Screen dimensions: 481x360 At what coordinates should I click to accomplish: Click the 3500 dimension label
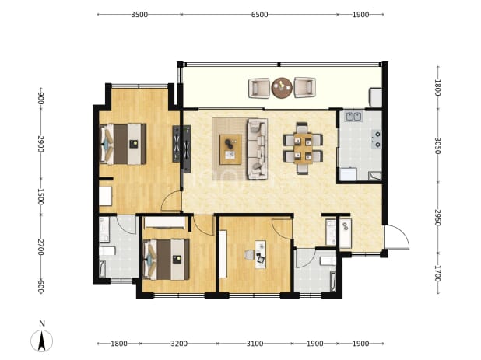pos(139,15)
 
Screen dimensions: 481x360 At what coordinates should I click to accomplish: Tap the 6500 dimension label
pos(259,15)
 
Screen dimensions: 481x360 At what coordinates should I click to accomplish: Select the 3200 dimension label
pos(179,344)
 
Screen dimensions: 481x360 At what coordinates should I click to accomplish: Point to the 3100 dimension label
pos(255,344)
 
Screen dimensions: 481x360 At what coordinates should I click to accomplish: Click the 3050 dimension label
pos(437,146)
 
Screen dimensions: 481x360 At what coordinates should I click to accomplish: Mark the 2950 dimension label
pos(437,218)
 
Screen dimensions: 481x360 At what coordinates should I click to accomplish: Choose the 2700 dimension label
pos(40,247)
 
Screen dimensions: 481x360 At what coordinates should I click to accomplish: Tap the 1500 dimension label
pos(40,197)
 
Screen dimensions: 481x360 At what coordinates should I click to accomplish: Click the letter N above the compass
pos(42,323)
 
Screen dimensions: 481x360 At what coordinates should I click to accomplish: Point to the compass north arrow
pos(42,341)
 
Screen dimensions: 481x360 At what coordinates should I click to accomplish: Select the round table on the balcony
pos(282,88)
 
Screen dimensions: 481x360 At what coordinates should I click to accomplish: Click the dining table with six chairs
pos(303,149)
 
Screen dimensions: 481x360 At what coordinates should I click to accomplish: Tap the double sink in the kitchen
pos(354,117)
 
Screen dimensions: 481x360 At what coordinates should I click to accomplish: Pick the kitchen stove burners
pos(377,139)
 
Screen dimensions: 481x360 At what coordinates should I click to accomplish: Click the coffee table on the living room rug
pos(230,149)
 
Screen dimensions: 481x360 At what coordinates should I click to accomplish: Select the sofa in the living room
pos(257,149)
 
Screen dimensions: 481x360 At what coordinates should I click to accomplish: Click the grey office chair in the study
pos(249,255)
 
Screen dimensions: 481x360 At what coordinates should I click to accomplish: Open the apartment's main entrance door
pos(397,237)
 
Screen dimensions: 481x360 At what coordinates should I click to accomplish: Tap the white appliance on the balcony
pos(376,97)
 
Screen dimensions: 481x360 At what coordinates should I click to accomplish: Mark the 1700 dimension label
pos(437,274)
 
